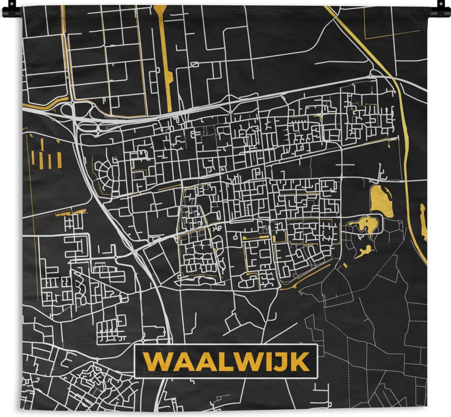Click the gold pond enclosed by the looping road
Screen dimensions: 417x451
[x=366, y=225]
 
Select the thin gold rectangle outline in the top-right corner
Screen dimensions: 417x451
[x=392, y=23]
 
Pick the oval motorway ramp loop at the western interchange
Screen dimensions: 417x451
[x=67, y=110]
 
